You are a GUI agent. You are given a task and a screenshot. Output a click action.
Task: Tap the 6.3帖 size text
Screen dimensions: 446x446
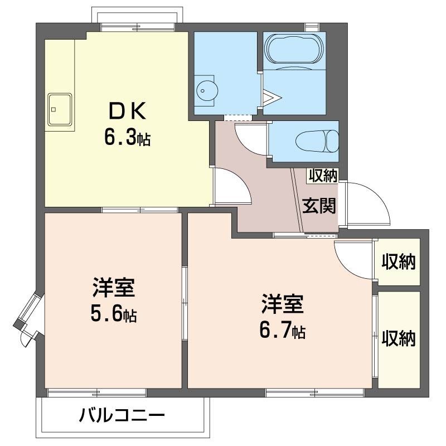click(127, 137)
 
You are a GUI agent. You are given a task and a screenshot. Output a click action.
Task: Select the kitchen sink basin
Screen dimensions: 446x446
click(60, 108)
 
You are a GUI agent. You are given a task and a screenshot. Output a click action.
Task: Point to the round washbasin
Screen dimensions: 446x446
click(206, 90)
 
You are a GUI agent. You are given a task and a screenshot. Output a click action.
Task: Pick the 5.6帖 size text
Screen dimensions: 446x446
click(114, 315)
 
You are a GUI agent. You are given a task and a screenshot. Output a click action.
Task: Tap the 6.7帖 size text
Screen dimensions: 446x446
click(282, 331)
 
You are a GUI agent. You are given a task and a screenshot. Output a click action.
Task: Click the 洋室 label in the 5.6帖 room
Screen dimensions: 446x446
click(114, 290)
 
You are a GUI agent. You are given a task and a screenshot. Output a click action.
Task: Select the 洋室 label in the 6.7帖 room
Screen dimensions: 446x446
click(282, 306)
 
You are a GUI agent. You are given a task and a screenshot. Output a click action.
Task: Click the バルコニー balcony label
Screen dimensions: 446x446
click(122, 416)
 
